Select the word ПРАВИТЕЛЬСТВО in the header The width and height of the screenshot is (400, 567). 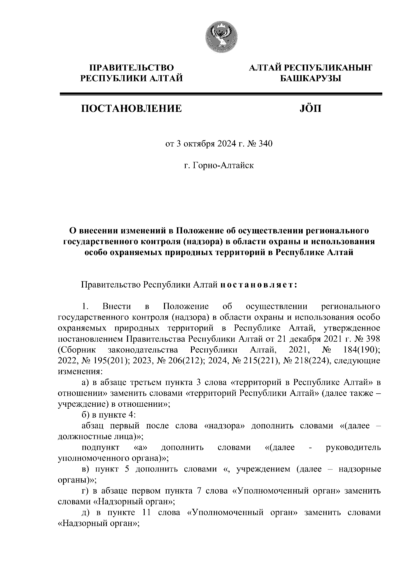point(132,68)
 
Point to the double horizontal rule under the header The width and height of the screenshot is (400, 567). point(220,95)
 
